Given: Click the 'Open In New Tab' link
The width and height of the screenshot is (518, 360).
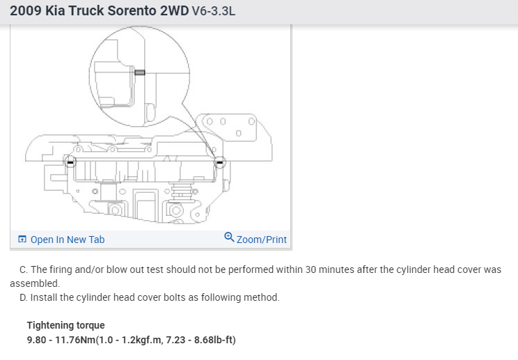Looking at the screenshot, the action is tap(68, 240).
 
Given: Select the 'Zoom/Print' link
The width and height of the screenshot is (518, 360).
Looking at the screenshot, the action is tap(262, 240).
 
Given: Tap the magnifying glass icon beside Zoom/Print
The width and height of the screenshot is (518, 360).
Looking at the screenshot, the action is tap(229, 237).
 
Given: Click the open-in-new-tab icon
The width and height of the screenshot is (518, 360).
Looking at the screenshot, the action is tap(22, 239).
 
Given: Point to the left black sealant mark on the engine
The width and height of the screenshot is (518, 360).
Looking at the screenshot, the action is tap(70, 162).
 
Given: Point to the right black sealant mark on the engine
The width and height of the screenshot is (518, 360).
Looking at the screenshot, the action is tap(220, 162).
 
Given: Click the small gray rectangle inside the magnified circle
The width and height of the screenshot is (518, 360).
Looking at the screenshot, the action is tap(140, 72).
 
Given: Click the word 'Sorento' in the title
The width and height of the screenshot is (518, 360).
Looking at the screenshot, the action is tap(132, 10).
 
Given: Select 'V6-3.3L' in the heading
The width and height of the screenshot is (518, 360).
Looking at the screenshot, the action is tap(214, 11).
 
